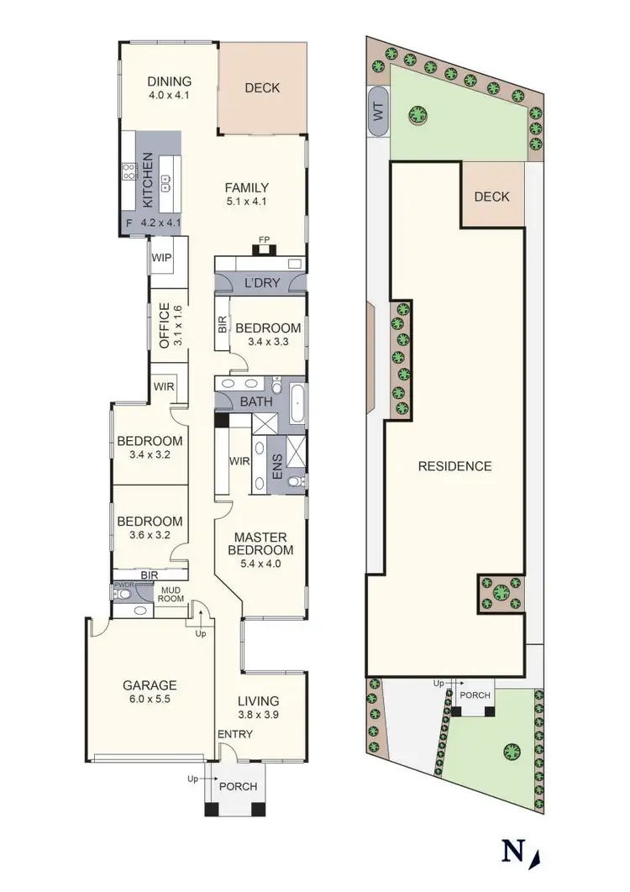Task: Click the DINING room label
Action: tap(170, 81)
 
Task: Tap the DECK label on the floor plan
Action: tap(262, 87)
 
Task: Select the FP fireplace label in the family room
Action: tap(264, 238)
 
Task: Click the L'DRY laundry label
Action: tap(260, 283)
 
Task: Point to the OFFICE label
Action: tap(165, 325)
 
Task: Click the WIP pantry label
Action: tap(162, 258)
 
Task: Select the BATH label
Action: tap(256, 402)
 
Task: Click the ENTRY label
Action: tap(235, 734)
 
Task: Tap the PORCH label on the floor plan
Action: tap(238, 787)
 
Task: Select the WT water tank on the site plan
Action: tap(378, 111)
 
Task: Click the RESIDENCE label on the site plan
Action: tap(454, 466)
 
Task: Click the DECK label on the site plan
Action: tap(491, 197)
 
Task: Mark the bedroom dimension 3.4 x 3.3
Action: tap(267, 342)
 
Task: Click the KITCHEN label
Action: tap(148, 181)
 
